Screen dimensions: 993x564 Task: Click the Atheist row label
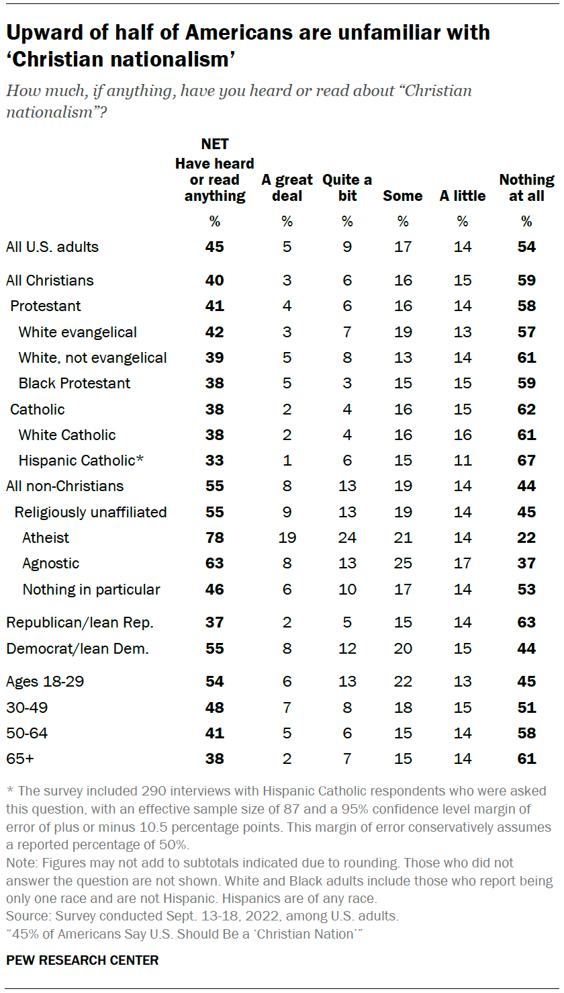(46, 537)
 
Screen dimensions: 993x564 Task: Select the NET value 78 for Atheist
(214, 537)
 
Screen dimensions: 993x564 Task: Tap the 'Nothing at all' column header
(526, 187)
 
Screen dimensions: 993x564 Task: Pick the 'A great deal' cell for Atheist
(287, 537)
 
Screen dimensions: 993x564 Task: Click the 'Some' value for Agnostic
(403, 563)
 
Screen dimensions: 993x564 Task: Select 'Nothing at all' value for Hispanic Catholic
(526, 460)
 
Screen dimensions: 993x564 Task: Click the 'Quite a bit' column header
(347, 187)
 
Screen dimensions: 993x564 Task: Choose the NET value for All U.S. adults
(214, 247)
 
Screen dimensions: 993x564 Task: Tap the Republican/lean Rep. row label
(80, 622)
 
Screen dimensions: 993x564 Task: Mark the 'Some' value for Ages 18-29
(403, 681)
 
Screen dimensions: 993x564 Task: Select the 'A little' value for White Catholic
(463, 435)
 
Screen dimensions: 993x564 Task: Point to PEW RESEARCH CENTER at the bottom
(83, 960)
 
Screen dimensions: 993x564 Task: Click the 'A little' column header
(463, 196)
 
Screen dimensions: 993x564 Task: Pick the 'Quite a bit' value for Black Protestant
(347, 383)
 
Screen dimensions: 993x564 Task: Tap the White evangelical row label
(78, 332)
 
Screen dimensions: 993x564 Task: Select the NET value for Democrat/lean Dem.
(214, 648)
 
